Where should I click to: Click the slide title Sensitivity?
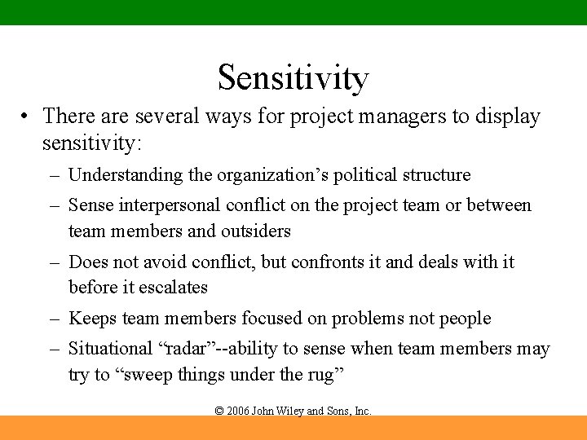[x=293, y=77]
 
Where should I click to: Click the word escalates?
[x=173, y=288]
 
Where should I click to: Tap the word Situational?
[x=109, y=350]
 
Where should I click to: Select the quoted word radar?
[x=186, y=350]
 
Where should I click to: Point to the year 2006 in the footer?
[x=238, y=411]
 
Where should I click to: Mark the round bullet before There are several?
[x=28, y=117]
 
